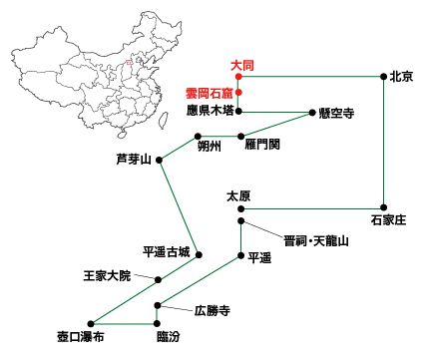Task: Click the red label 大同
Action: (241, 65)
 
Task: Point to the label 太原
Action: (239, 195)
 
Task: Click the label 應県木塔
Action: (211, 110)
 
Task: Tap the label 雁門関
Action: (261, 144)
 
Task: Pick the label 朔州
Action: (211, 146)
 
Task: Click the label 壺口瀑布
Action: (80, 337)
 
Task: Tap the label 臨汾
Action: (157, 337)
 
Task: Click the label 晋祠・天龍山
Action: (313, 240)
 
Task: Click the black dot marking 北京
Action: (384, 77)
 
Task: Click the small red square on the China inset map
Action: (129, 67)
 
